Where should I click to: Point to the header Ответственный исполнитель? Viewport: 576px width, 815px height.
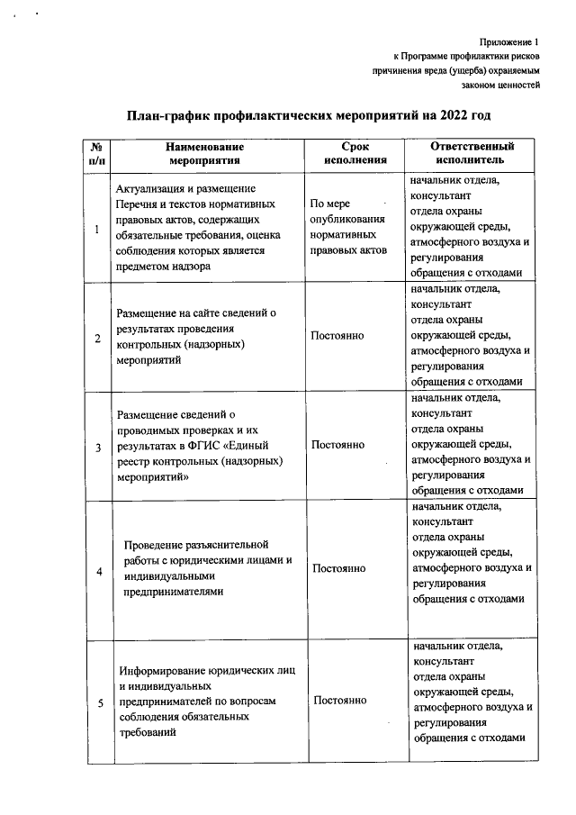(472, 153)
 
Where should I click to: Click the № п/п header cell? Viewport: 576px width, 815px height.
(96, 153)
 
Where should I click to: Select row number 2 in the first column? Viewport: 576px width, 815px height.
(97, 337)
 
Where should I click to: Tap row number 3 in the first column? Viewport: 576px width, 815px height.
(97, 446)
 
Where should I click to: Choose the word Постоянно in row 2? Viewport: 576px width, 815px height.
(337, 336)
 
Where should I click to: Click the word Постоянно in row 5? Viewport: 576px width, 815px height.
(340, 701)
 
